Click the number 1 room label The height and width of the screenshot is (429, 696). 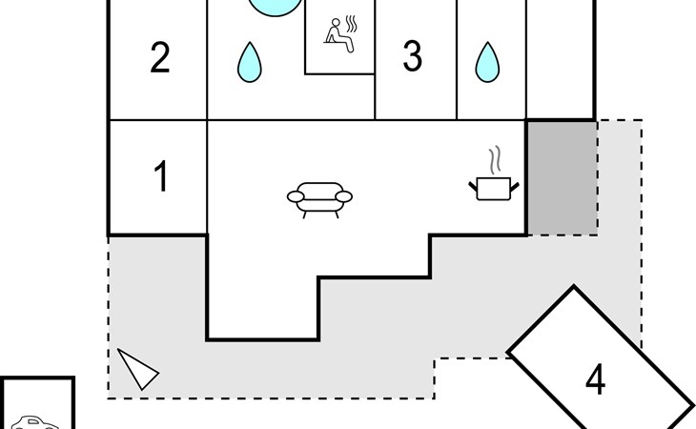coord(160,176)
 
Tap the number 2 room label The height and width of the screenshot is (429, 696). coord(159,58)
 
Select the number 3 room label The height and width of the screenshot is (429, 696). coord(412,57)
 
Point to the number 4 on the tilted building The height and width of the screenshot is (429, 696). coord(595,379)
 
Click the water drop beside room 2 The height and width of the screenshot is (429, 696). coord(250,62)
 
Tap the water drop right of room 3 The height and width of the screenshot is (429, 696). coord(488,62)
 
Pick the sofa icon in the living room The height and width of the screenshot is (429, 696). coord(319,197)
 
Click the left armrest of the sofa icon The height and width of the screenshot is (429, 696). coord(295,196)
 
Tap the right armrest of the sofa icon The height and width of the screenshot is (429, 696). coord(343,196)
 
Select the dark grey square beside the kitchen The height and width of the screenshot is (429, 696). coord(562,177)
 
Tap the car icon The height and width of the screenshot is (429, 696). coord(34,422)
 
